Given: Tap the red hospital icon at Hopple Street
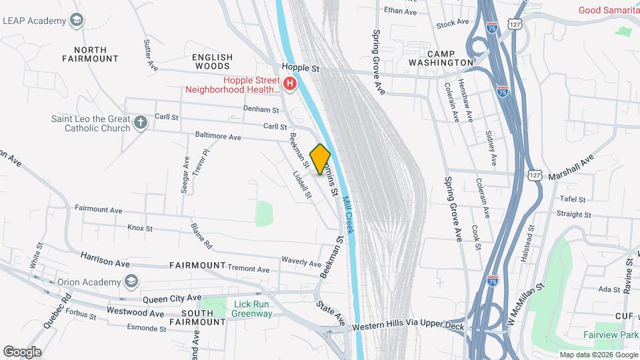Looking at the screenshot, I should click(290, 84).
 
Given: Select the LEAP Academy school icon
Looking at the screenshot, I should click(77, 21).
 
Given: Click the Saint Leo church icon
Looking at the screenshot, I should click(140, 123).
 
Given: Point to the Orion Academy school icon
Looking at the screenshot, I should click(131, 281).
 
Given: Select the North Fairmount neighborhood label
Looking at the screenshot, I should click(90, 54).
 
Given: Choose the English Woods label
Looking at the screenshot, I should click(212, 62).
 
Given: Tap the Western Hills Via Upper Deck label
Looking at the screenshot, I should click(408, 327).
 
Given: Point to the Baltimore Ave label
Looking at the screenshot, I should click(218, 137).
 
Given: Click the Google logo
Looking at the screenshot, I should click(22, 351).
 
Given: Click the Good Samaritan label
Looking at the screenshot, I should click(609, 9).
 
